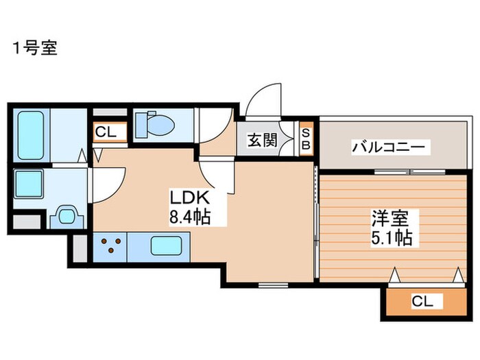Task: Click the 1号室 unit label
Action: point(35,48)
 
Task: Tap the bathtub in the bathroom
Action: point(30,135)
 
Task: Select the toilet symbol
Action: point(156,125)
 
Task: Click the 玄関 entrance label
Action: point(263,140)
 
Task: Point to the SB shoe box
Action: point(306,139)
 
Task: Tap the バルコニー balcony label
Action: point(389,147)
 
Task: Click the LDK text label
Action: point(190,197)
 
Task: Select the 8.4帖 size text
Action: point(190,217)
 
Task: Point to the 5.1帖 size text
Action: point(392,237)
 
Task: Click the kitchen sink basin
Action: point(166,245)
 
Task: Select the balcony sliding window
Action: point(409,171)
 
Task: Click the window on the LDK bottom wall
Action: point(273,285)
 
